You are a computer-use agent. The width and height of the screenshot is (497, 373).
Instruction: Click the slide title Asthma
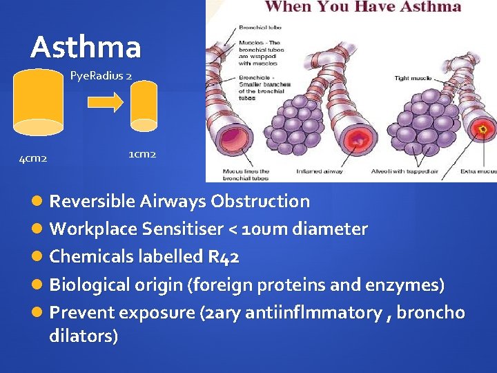(x=86, y=47)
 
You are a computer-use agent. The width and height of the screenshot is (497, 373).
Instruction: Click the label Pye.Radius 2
(x=101, y=75)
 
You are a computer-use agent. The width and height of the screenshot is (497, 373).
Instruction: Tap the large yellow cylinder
(x=39, y=101)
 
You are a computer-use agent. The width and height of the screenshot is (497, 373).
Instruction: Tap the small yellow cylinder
(x=145, y=105)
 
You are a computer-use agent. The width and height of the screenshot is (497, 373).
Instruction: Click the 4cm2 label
(x=33, y=159)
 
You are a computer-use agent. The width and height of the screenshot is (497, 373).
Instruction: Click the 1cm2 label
(x=142, y=153)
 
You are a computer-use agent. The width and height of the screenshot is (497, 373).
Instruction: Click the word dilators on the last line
(x=83, y=336)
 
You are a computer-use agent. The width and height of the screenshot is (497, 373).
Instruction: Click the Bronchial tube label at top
(x=260, y=28)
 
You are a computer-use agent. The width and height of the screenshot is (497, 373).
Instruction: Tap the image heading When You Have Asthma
(x=363, y=8)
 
